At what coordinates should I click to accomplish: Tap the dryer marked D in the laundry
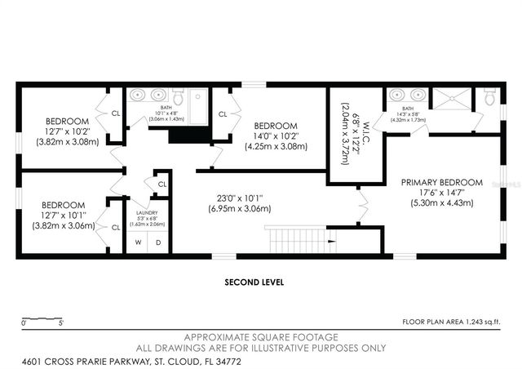[x=157, y=242]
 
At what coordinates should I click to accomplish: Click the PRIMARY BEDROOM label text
[x=441, y=182]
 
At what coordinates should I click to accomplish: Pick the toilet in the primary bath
[x=489, y=98]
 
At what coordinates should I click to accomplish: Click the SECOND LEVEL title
[x=253, y=282]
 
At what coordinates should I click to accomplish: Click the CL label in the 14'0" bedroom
[x=222, y=115]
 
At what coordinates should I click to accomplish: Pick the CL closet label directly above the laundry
[x=162, y=184]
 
